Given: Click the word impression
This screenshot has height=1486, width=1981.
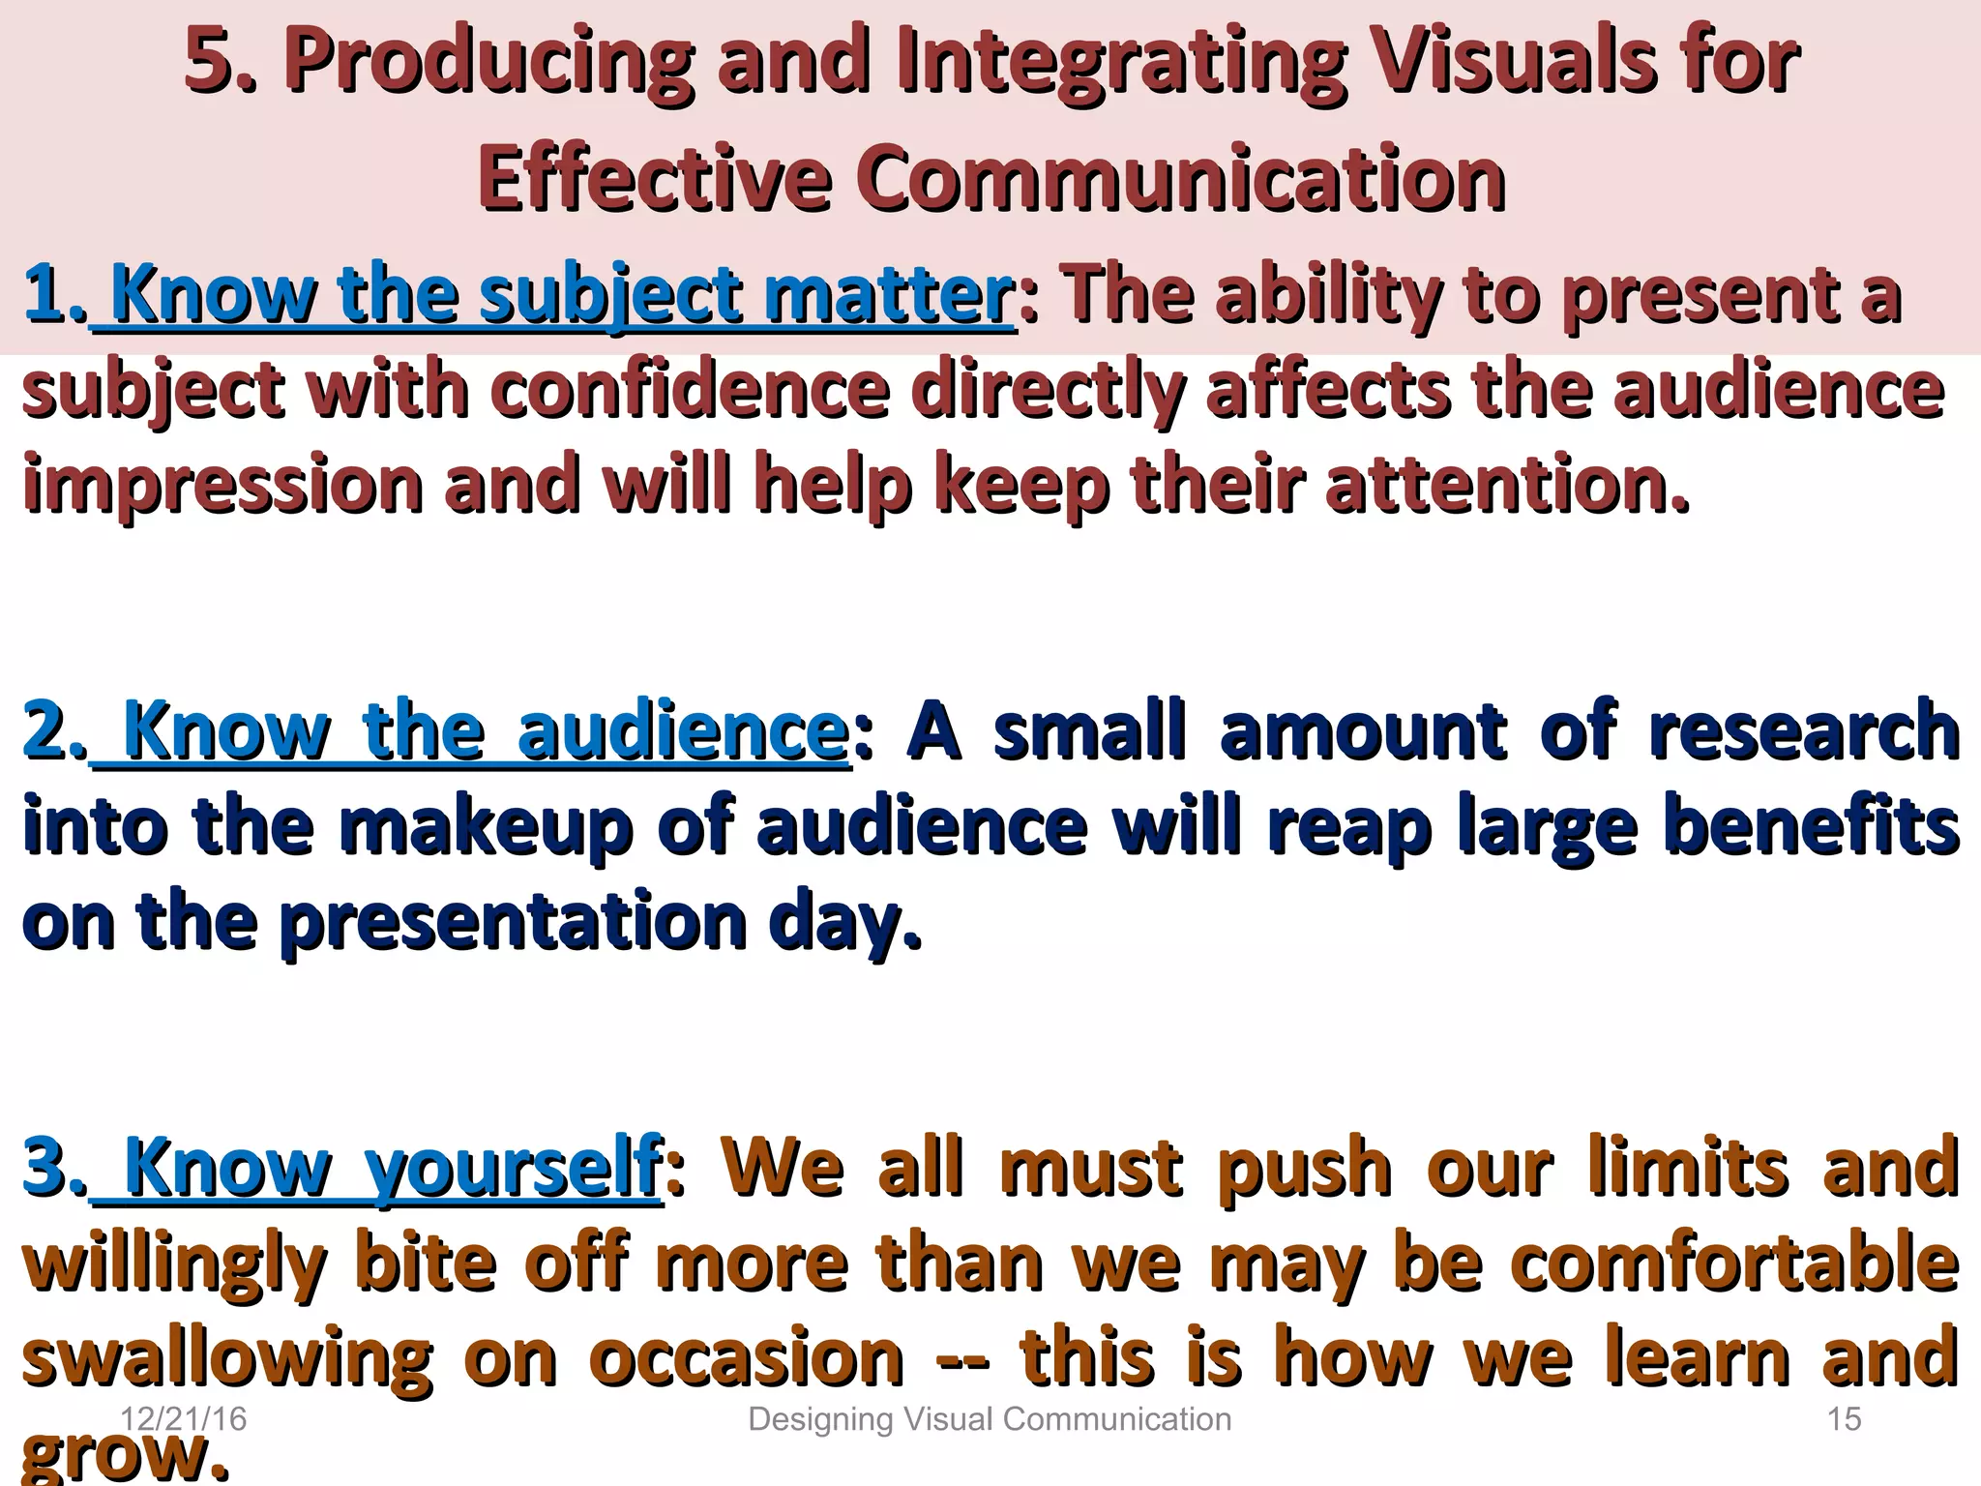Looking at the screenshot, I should [222, 487].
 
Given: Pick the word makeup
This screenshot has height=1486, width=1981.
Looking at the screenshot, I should [484, 828].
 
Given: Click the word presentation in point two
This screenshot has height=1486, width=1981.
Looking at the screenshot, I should [513, 923].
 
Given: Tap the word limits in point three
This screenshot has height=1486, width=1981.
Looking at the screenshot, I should [1688, 1169].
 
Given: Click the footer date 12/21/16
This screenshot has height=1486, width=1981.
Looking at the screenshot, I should [183, 1419].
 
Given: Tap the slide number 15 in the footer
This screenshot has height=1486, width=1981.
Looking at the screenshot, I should [1844, 1419].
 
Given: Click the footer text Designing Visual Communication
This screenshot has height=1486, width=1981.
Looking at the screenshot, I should [990, 1419].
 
